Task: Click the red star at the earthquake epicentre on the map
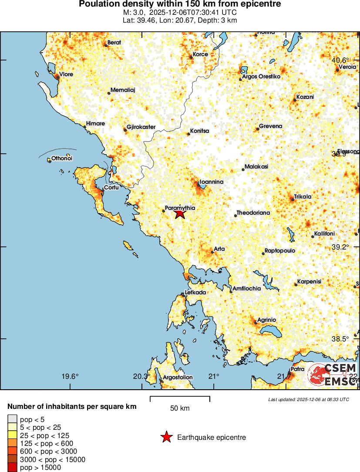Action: [180, 213]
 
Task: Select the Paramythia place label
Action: [180, 209]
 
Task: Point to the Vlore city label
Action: [66, 74]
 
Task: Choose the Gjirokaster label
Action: [141, 127]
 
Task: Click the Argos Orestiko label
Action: [261, 77]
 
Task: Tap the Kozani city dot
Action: [295, 100]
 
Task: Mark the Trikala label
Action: [303, 197]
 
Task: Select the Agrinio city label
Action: [266, 320]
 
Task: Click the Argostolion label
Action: [178, 377]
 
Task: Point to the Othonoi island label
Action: [61, 158]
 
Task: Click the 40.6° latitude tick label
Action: [341, 60]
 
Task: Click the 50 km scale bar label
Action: [180, 408]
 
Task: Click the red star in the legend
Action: [166, 437]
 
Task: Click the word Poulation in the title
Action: [98, 4]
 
